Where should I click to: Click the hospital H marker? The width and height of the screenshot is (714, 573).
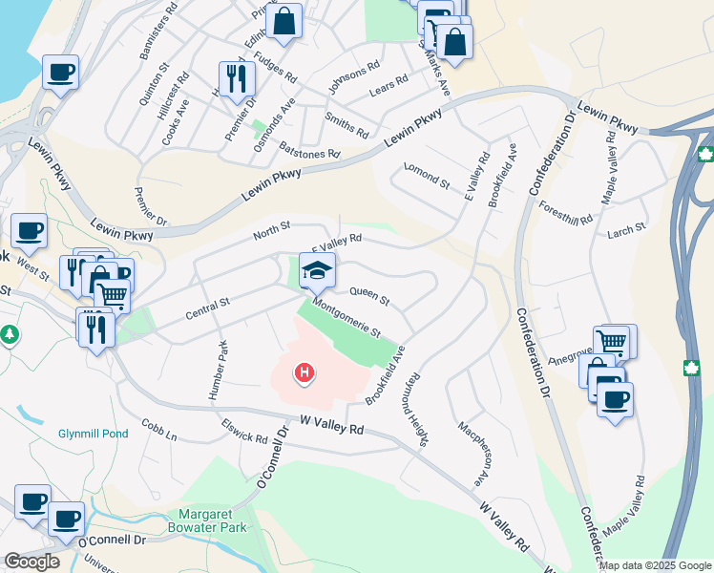pyautogui.click(x=304, y=371)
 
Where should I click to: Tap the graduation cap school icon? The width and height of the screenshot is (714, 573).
pyautogui.click(x=317, y=270)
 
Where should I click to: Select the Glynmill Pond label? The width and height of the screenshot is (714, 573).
pyautogui.click(x=92, y=433)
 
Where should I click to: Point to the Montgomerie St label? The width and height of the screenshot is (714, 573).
pyautogui.click(x=347, y=319)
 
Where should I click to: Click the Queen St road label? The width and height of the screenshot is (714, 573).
pyautogui.click(x=369, y=296)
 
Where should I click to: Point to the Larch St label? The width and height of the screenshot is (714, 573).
pyautogui.click(x=627, y=228)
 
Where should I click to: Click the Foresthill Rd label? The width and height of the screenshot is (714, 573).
pyautogui.click(x=565, y=215)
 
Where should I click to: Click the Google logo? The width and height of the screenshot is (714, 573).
pyautogui.click(x=31, y=562)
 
